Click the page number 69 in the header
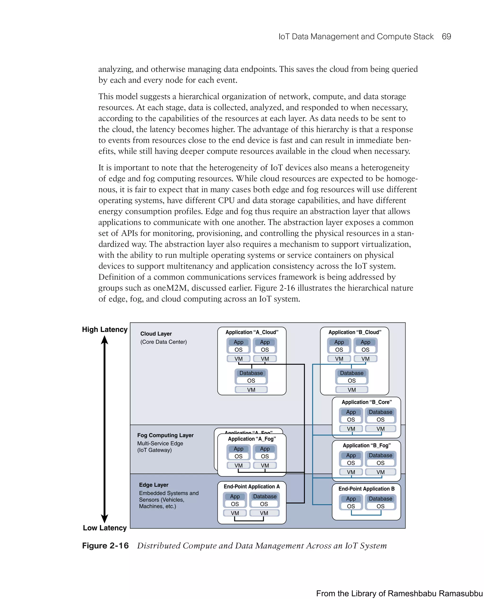[x=446, y=37]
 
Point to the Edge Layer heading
[x=154, y=485]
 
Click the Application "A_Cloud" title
[x=252, y=332]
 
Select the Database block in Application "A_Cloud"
[x=251, y=373]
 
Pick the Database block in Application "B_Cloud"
[x=352, y=373]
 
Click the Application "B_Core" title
[x=366, y=402]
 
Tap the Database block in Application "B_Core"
[x=380, y=412]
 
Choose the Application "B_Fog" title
[x=366, y=445]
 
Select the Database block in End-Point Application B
[x=380, y=499]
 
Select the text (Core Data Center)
[x=163, y=342]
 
